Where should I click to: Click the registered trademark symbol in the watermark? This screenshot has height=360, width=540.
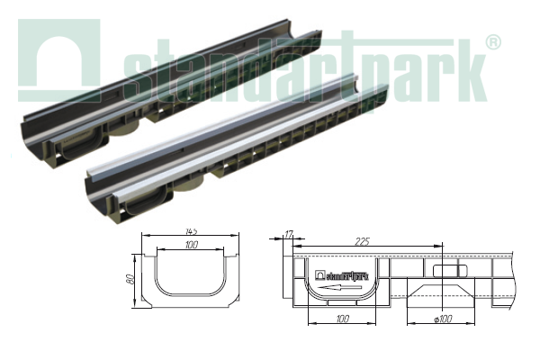point(493,42)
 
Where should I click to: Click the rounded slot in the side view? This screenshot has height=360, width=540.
point(447,272)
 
